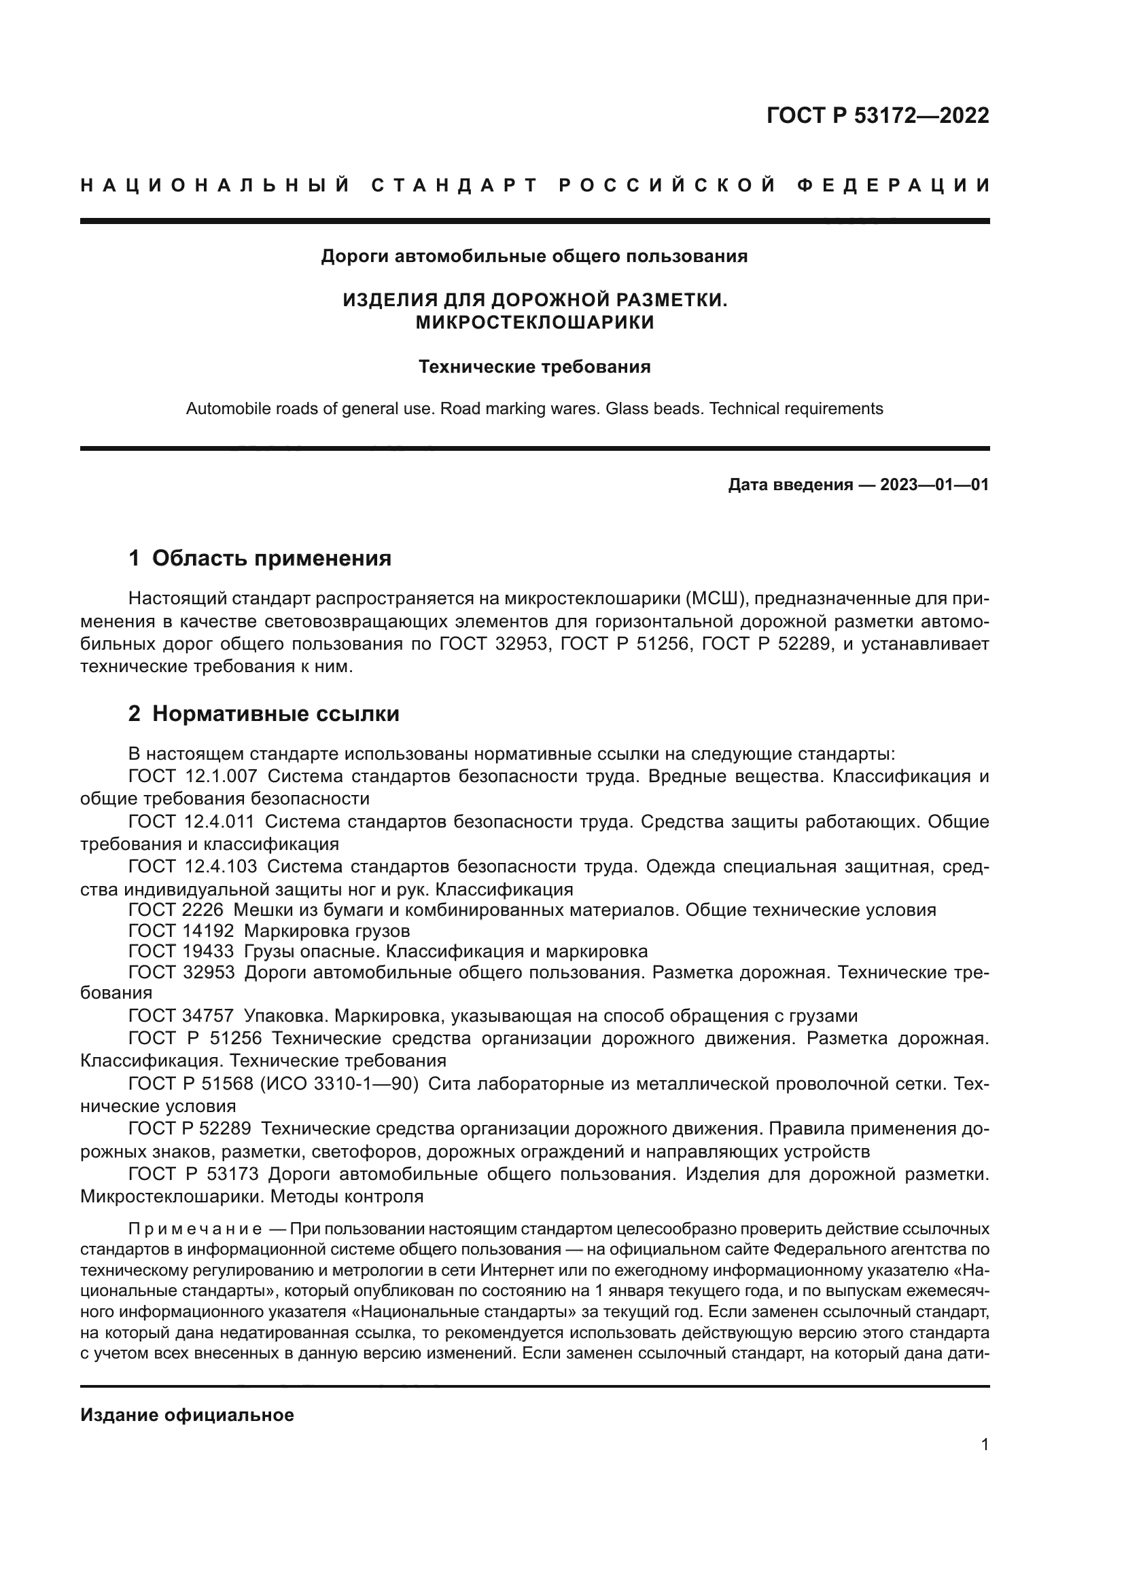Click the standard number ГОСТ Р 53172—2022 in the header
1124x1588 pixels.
877,115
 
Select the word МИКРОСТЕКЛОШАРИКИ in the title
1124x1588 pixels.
534,322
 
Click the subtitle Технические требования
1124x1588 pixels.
534,367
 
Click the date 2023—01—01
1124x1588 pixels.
934,485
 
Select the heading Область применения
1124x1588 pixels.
271,558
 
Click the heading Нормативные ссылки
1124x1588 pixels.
275,714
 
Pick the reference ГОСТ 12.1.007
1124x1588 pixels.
193,776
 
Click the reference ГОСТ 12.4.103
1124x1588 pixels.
193,866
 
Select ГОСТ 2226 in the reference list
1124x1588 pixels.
176,910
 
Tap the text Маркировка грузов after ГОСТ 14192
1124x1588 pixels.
327,930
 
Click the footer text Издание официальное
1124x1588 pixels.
187,1415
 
